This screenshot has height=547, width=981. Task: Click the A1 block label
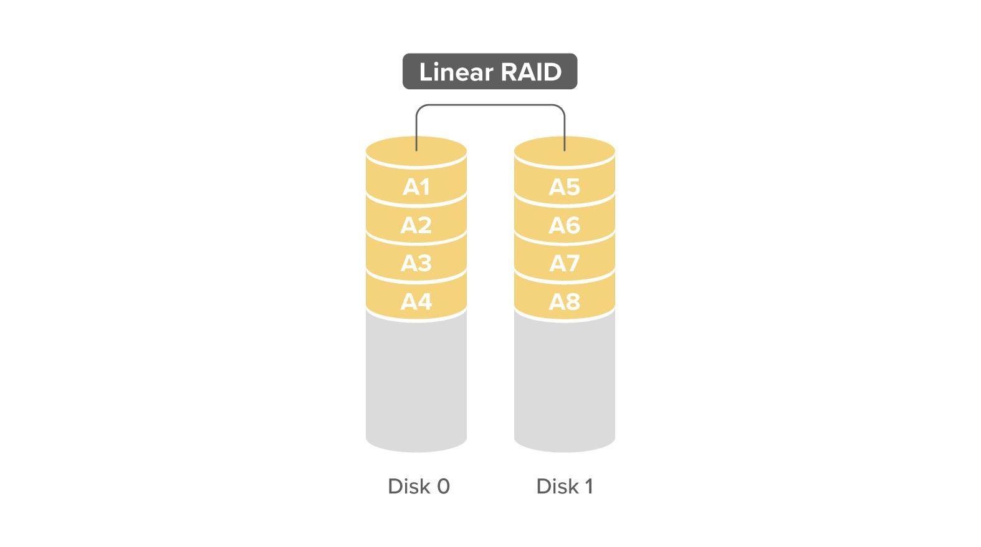416,187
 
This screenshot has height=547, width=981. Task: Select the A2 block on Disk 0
416,225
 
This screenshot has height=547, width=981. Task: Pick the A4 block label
416,301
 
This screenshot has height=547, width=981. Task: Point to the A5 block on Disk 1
565,187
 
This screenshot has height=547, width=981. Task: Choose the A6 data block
565,225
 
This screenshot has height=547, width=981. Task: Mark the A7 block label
565,263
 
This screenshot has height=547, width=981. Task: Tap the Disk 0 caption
419,486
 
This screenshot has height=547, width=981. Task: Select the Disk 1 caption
565,486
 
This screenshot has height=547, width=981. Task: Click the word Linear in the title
456,72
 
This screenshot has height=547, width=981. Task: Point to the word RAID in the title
531,72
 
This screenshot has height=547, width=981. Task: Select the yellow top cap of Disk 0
416,152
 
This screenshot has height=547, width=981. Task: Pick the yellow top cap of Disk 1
565,152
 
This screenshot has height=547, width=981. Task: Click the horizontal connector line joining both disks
490,105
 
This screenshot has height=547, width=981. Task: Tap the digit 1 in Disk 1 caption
589,486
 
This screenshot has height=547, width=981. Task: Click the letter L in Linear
426,72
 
